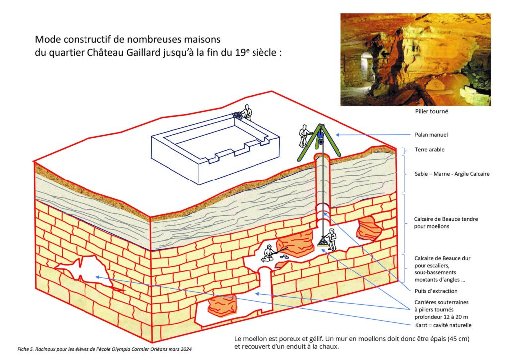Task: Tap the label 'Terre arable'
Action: click(430, 150)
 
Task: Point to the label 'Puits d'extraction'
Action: click(435, 291)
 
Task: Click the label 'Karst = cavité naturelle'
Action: click(442, 325)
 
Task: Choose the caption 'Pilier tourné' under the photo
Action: click(432, 112)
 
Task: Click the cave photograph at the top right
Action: click(415, 59)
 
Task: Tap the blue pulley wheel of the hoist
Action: click(321, 134)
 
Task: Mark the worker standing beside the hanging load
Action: click(332, 239)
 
